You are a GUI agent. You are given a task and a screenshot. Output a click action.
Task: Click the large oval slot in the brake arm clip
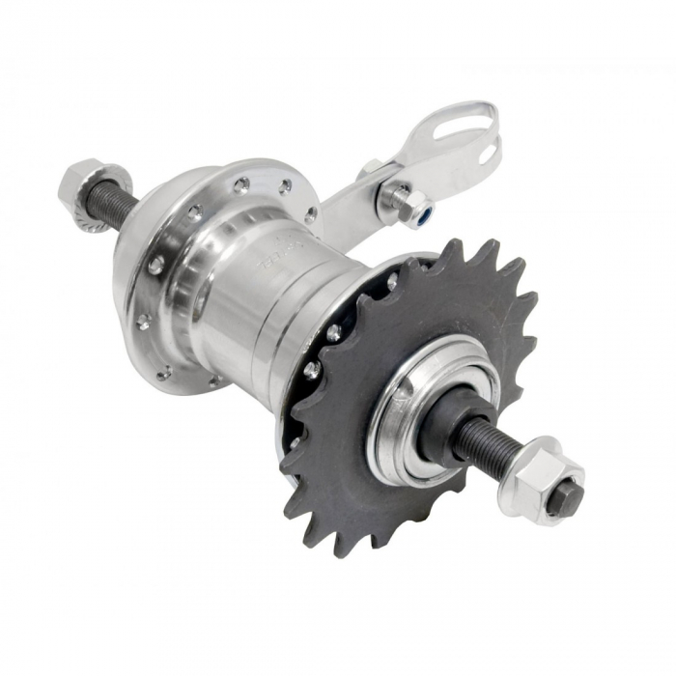(470, 129)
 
